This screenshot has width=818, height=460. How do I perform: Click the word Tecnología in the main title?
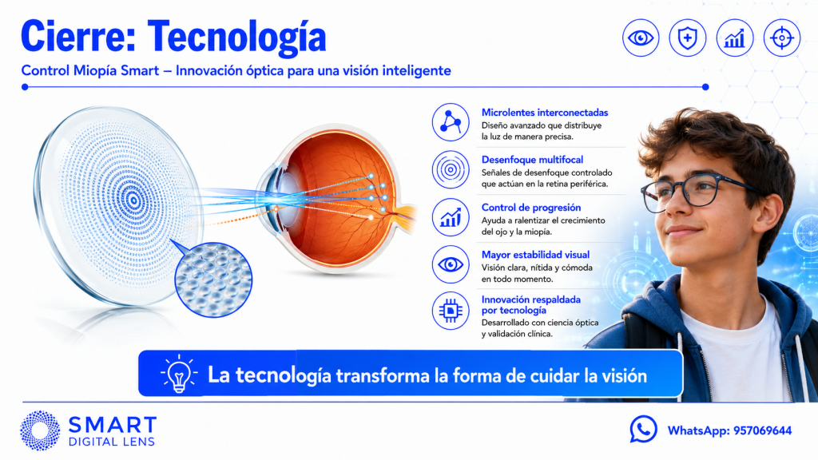(236, 37)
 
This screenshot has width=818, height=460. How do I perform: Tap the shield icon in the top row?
(688, 38)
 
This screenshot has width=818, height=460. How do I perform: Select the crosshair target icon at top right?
(781, 38)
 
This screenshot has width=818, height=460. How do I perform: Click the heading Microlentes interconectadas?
(545, 112)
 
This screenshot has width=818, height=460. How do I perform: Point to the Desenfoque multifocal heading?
(532, 160)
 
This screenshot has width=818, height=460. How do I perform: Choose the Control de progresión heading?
(531, 207)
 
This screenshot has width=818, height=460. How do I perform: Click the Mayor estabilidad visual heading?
(535, 255)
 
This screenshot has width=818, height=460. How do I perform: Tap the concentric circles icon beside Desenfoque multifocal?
(451, 169)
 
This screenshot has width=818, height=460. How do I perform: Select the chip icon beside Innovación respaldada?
(451, 311)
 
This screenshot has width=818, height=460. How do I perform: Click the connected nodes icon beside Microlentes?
(451, 122)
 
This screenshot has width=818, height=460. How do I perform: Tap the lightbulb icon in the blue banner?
(179, 374)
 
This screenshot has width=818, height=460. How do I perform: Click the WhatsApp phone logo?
(643, 429)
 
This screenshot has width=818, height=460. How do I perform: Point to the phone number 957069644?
(763, 430)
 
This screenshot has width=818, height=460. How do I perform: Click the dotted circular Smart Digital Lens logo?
(40, 430)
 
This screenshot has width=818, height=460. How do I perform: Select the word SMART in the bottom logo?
(112, 425)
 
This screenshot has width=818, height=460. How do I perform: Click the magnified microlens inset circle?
(213, 280)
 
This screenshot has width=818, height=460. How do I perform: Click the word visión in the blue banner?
(623, 375)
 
